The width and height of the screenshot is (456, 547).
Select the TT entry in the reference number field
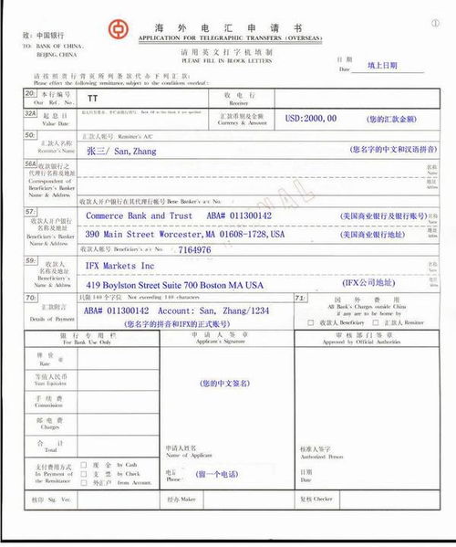click(x=92, y=97)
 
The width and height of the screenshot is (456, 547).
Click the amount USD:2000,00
click(x=311, y=119)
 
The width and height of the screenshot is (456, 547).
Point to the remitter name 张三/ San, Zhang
click(x=125, y=148)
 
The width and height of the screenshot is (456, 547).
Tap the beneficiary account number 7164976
click(x=194, y=248)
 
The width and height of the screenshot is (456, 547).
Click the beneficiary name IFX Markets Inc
click(x=120, y=266)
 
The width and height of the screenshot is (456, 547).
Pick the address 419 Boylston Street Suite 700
click(x=174, y=285)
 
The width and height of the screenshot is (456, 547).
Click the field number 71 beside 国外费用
click(x=299, y=299)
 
